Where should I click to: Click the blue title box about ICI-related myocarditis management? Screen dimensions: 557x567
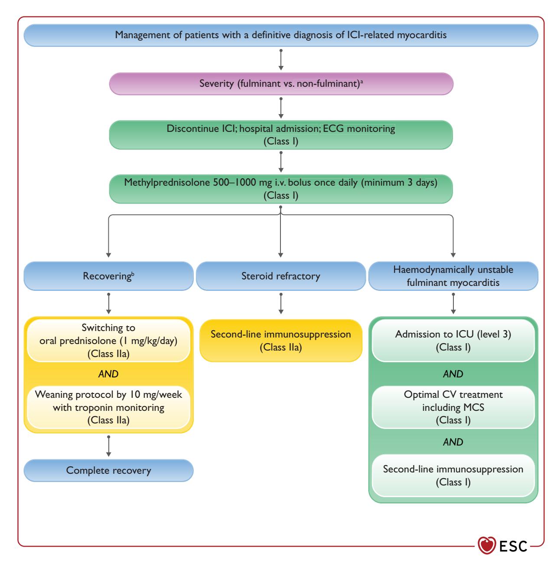point(281,35)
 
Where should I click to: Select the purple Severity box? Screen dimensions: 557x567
point(281,84)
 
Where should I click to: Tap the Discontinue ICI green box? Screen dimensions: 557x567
point(281,135)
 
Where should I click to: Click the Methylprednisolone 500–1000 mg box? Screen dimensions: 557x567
point(281,189)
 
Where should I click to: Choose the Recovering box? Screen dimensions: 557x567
point(108,276)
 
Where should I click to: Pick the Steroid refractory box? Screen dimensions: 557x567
point(281,276)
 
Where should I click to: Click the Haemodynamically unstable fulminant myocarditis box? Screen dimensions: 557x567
point(453,276)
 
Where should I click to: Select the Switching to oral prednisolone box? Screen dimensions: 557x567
point(108,341)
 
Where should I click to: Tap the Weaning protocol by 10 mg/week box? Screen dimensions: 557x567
point(108,407)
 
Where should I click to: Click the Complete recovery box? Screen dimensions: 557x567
point(108,471)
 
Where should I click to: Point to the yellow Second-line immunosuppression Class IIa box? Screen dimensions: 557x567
point(281,341)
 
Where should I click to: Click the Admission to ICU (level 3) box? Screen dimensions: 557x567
point(453,341)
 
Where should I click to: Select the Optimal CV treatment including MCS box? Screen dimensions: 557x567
point(453,407)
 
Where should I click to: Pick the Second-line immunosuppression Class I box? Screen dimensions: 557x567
point(453,475)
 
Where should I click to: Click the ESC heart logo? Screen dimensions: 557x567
point(487,545)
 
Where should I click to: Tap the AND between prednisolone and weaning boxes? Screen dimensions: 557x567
point(108,374)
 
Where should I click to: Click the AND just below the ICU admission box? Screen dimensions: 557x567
point(453,374)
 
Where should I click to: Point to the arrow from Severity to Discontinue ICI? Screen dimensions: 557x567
point(281,108)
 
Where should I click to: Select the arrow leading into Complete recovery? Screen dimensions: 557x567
point(108,446)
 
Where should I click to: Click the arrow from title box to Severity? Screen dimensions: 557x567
point(281,60)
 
